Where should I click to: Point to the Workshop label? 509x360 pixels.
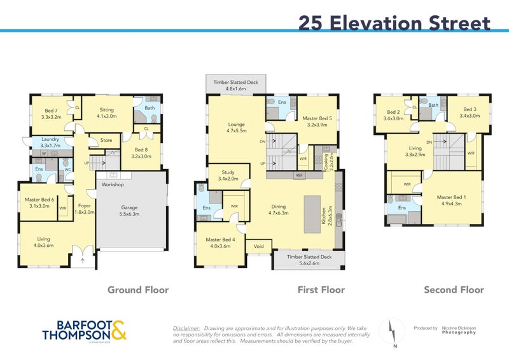[x=109, y=184]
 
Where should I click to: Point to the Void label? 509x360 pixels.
[x=258, y=246]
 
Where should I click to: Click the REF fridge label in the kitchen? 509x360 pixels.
[x=299, y=176]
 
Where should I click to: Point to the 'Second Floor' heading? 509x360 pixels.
[x=454, y=290]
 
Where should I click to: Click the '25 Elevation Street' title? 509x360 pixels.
[x=394, y=23]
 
